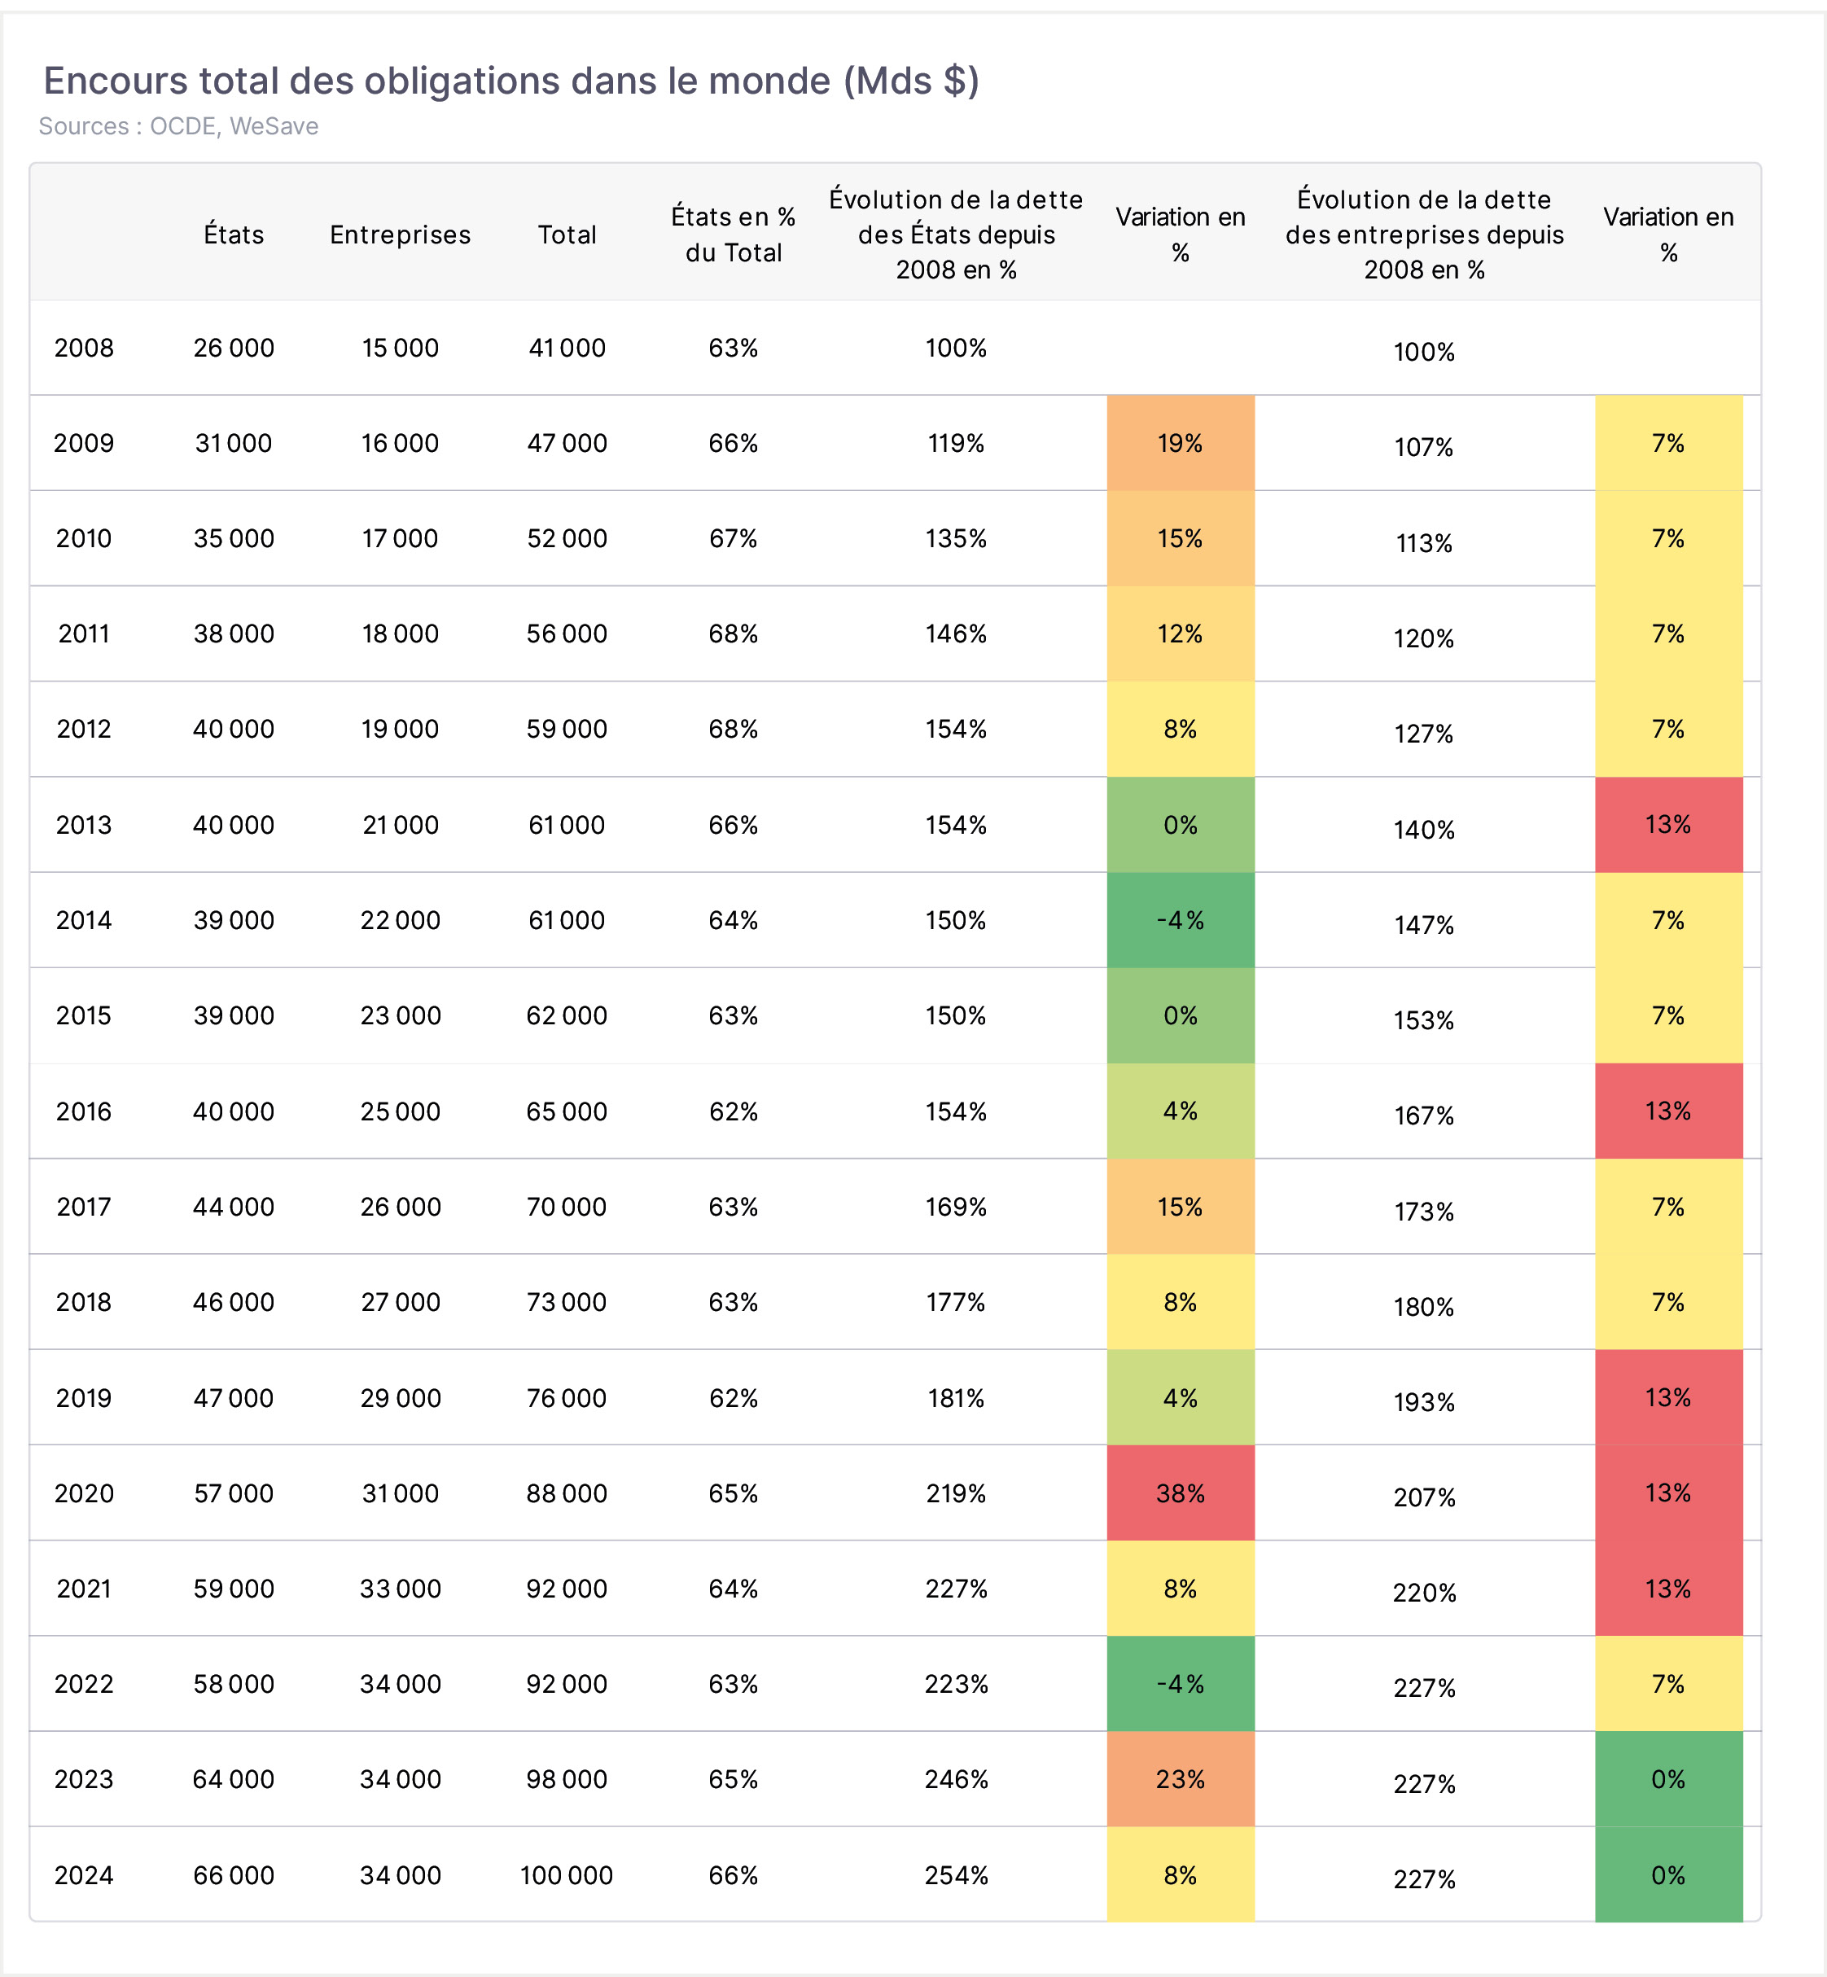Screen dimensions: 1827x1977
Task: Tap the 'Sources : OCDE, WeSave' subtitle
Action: (179, 126)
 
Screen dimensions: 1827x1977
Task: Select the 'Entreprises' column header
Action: (401, 235)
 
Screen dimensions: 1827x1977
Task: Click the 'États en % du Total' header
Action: (734, 235)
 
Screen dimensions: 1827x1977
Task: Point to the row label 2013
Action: (84, 826)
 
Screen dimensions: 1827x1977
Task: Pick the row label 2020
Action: (84, 1493)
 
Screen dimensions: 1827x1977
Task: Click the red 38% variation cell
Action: (1181, 1493)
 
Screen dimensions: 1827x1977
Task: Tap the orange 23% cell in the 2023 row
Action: (1181, 1779)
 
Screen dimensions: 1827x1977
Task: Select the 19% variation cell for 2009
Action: (1181, 443)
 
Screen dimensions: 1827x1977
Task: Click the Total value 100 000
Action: (567, 1875)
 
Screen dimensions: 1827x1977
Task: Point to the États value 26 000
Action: (234, 348)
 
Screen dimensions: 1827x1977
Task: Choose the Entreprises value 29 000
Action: (401, 1398)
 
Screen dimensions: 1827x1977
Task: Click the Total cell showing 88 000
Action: (567, 1493)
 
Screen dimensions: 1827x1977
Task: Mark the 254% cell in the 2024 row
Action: (956, 1875)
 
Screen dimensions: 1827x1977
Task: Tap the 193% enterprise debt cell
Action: (1425, 1401)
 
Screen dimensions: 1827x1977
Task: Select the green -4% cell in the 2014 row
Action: (1181, 920)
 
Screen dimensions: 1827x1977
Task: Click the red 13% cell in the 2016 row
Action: (1669, 1111)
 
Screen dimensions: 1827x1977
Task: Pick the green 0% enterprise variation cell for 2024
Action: (1669, 1874)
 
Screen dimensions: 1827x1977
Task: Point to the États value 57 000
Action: (234, 1493)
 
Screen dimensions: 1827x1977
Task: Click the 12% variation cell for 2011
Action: (1181, 633)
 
